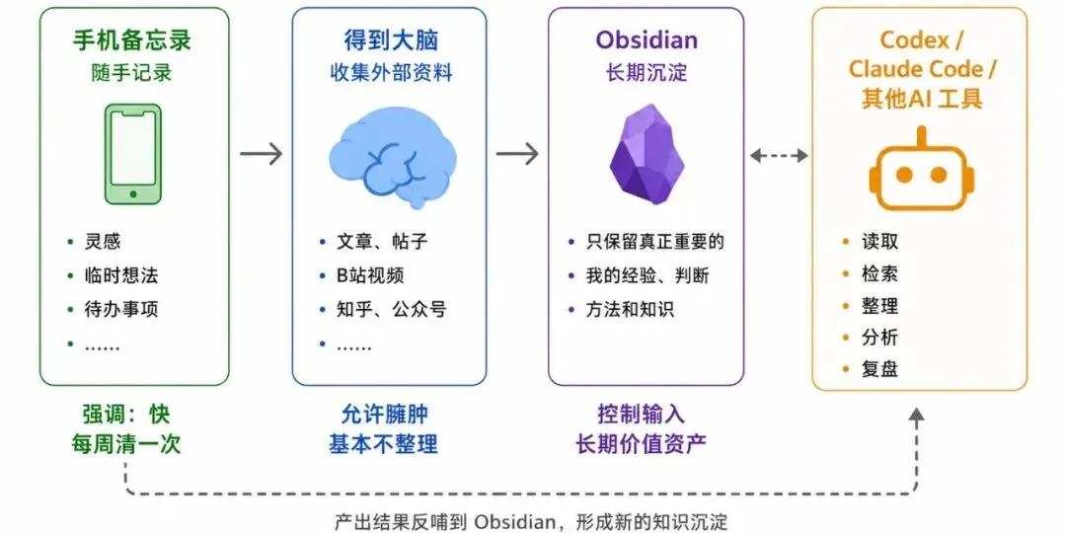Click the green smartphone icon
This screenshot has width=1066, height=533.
(133, 154)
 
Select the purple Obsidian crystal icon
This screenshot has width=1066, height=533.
(646, 154)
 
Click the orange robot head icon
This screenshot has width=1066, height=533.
(921, 169)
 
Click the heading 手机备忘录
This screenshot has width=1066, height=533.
(132, 40)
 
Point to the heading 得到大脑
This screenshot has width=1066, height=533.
(391, 40)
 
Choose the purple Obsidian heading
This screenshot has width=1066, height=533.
(647, 39)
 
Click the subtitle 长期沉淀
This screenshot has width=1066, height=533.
(646, 73)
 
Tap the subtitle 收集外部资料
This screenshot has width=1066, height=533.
(391, 73)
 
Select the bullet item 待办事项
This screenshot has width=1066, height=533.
(121, 310)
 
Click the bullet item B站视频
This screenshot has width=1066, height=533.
(370, 275)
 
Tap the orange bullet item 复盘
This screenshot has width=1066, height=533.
(879, 369)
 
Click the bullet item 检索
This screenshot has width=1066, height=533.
(879, 273)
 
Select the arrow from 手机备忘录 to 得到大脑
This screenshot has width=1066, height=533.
(261, 154)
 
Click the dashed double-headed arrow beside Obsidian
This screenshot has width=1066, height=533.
(779, 156)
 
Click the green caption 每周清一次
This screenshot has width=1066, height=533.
(125, 444)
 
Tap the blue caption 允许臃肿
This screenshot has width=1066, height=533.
(384, 414)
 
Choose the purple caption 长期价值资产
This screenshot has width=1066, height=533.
(642, 444)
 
